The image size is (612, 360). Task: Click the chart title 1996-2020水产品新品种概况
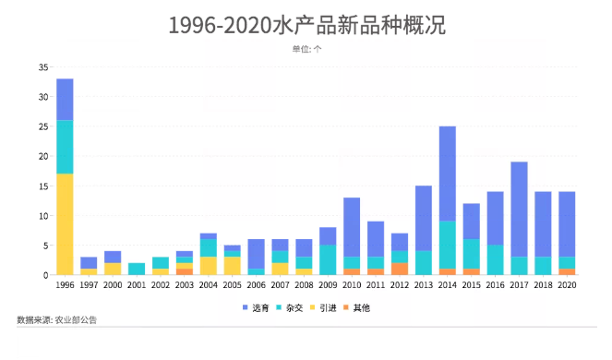pyautogui.click(x=306, y=26)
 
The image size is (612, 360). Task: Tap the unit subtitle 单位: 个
pyautogui.click(x=306, y=49)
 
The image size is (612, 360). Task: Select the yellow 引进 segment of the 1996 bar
pyautogui.click(x=65, y=224)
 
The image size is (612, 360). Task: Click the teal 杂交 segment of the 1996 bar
pyautogui.click(x=65, y=147)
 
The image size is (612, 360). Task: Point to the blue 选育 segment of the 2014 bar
pyautogui.click(x=448, y=174)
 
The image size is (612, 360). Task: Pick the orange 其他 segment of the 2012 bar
pyautogui.click(x=400, y=269)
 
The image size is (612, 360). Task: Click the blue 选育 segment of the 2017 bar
pyautogui.click(x=519, y=210)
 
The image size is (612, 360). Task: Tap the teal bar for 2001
pyautogui.click(x=137, y=269)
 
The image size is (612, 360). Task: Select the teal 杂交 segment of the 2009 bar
pyautogui.click(x=328, y=260)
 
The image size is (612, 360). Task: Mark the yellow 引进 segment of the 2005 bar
pyautogui.click(x=233, y=266)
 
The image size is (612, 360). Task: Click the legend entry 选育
pyautogui.click(x=256, y=308)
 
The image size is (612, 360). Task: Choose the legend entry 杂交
pyautogui.click(x=289, y=308)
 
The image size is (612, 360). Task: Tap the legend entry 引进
pyautogui.click(x=323, y=308)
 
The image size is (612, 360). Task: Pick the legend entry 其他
pyautogui.click(x=356, y=308)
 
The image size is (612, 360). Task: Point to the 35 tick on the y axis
pyautogui.click(x=43, y=67)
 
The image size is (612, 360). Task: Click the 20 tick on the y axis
pyautogui.click(x=43, y=156)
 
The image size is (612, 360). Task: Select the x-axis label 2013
pyautogui.click(x=424, y=285)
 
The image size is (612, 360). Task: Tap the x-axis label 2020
pyautogui.click(x=567, y=285)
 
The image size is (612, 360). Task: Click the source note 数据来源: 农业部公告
pyautogui.click(x=56, y=320)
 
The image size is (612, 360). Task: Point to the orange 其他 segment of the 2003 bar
pyautogui.click(x=185, y=271)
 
